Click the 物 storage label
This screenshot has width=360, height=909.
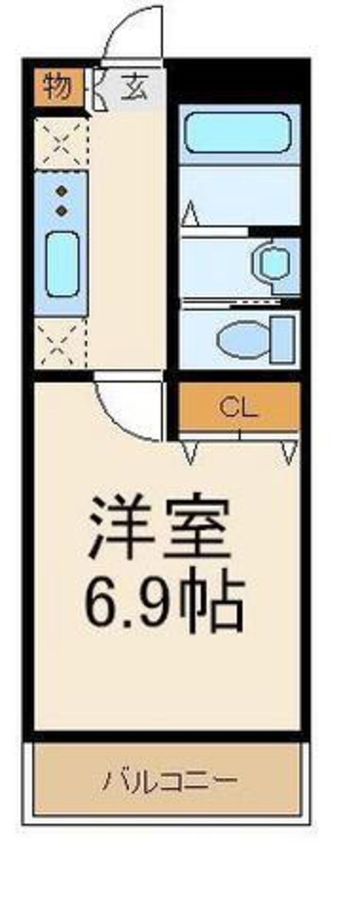(57, 88)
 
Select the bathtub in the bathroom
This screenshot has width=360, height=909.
(238, 133)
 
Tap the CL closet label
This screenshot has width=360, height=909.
(238, 408)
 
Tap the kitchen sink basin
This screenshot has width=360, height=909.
(62, 264)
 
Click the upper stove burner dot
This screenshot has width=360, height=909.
(61, 192)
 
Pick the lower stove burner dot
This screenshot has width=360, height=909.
(61, 211)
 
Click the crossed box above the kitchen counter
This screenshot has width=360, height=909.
(61, 143)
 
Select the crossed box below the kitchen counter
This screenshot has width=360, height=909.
(60, 343)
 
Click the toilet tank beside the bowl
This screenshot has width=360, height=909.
(283, 339)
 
